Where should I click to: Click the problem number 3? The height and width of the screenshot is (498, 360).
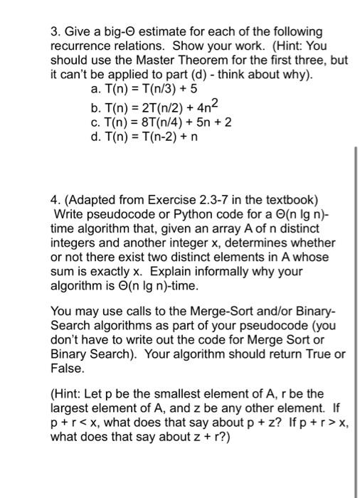point(54,33)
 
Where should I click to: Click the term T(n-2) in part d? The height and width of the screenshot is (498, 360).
point(160,136)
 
